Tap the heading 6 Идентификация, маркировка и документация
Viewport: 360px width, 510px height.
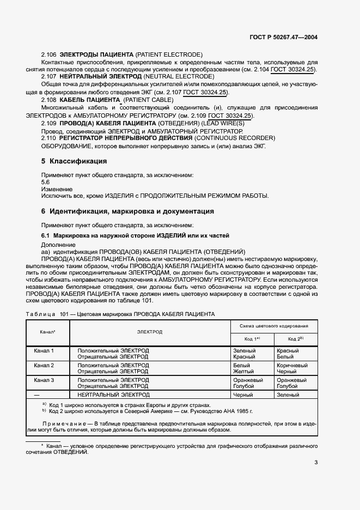coord(127,211)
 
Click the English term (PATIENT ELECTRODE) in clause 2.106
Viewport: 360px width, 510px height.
coord(168,54)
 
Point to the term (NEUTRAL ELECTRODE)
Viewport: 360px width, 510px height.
coord(176,77)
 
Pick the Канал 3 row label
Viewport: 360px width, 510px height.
coord(44,380)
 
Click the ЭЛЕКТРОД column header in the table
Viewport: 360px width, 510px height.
coord(150,331)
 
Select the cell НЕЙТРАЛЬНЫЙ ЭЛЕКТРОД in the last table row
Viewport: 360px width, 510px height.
coord(113,394)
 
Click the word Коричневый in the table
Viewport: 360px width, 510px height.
coord(292,365)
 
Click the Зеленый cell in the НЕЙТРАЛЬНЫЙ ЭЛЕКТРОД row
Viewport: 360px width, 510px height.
coord(288,394)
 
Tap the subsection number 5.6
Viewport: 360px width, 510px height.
coord(46,182)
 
